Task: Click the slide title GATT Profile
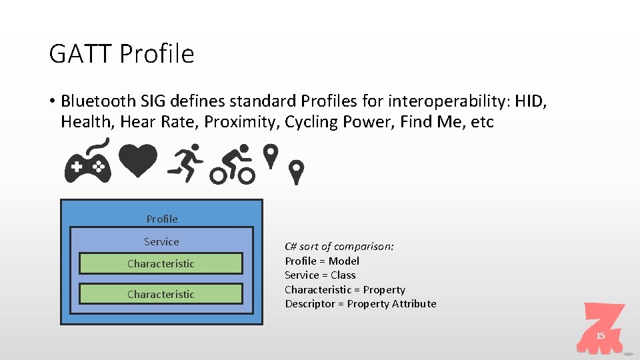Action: (x=121, y=53)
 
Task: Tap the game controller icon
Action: (x=87, y=163)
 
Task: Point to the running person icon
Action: (x=185, y=163)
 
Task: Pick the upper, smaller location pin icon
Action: (x=270, y=156)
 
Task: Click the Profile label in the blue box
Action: (x=162, y=219)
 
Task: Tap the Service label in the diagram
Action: (x=161, y=241)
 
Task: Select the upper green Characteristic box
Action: (x=161, y=263)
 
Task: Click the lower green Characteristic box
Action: (x=161, y=294)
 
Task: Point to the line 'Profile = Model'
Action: (x=322, y=261)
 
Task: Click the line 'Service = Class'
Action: (x=320, y=275)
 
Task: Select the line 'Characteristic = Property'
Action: (x=345, y=289)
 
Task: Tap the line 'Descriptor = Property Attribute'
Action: (x=361, y=303)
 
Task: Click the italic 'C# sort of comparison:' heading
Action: (x=339, y=246)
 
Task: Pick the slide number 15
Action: (x=600, y=336)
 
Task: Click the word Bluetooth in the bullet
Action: (x=99, y=101)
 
